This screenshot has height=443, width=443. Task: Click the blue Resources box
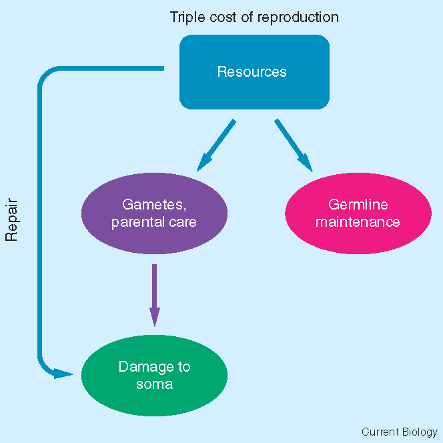[254, 72]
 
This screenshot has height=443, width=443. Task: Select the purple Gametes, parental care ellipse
[154, 213]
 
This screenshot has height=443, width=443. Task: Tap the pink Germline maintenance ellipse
[358, 213]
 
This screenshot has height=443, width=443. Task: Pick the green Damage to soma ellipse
[154, 375]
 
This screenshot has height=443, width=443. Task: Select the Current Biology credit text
[400, 432]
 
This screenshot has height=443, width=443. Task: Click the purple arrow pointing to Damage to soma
[154, 294]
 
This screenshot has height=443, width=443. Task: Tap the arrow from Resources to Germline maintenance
[293, 144]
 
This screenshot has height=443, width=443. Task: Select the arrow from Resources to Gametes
[217, 144]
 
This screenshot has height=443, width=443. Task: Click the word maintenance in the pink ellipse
[358, 221]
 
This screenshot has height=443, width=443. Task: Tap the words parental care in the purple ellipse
[154, 221]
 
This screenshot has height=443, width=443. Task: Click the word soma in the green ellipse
[154, 384]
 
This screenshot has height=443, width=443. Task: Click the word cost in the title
[229, 17]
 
